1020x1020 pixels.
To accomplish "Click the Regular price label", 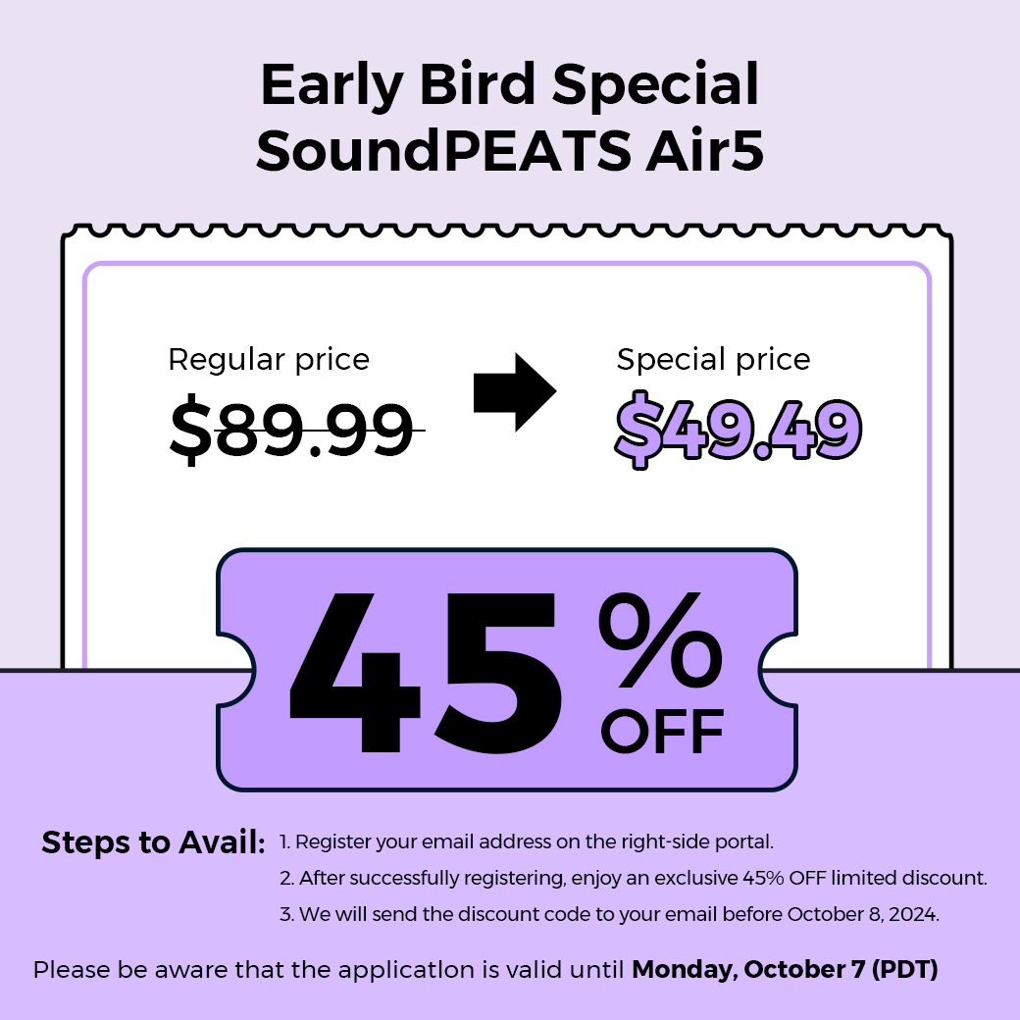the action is (x=269, y=360).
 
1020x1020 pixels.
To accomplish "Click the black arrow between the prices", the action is (x=515, y=392).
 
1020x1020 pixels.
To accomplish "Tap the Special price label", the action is (x=714, y=360).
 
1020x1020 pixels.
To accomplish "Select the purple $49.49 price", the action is (x=739, y=430).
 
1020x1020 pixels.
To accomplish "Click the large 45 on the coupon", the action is (x=426, y=672).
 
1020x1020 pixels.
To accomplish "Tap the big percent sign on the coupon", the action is (x=660, y=639).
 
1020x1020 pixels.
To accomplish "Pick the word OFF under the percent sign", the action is (x=662, y=732).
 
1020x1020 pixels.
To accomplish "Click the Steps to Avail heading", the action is (x=154, y=842).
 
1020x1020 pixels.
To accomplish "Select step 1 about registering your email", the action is (x=527, y=841).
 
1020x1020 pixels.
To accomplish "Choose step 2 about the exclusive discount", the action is (x=634, y=878).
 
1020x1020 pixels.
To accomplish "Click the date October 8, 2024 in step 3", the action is (x=863, y=915).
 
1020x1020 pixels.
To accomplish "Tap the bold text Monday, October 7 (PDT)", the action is (x=786, y=970).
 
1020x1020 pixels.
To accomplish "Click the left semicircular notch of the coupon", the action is (x=235, y=670).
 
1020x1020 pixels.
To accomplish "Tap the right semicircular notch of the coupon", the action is (x=778, y=670).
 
